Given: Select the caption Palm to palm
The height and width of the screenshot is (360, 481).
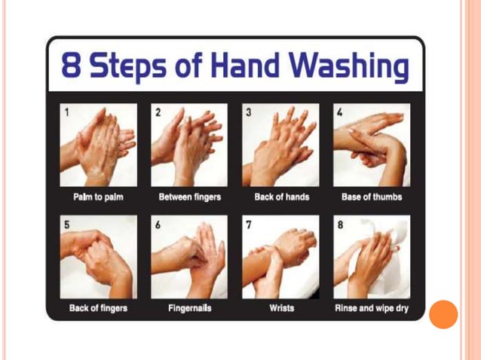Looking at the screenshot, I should (x=98, y=198).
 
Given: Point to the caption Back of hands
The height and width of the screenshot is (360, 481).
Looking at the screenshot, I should (x=280, y=198).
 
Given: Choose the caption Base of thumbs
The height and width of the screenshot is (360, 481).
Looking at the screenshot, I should (x=372, y=198).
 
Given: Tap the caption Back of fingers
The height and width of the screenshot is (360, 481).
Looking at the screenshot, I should (x=98, y=309).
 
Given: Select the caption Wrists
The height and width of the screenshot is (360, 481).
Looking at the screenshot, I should (x=280, y=309).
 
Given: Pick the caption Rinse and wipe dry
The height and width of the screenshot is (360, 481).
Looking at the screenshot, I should (x=372, y=309).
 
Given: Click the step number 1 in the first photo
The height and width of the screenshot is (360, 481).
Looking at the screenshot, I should (x=66, y=113).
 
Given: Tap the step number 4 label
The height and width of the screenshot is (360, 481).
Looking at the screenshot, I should (x=340, y=113).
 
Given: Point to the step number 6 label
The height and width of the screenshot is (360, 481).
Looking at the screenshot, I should (x=158, y=225).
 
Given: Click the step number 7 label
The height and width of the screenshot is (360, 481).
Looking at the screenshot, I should (x=249, y=225).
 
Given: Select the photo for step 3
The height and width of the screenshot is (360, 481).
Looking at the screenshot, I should (x=280, y=145).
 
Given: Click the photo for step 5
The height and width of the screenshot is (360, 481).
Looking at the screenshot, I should (x=98, y=257).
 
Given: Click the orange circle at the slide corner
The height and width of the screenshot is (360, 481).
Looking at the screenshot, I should (x=443, y=314).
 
